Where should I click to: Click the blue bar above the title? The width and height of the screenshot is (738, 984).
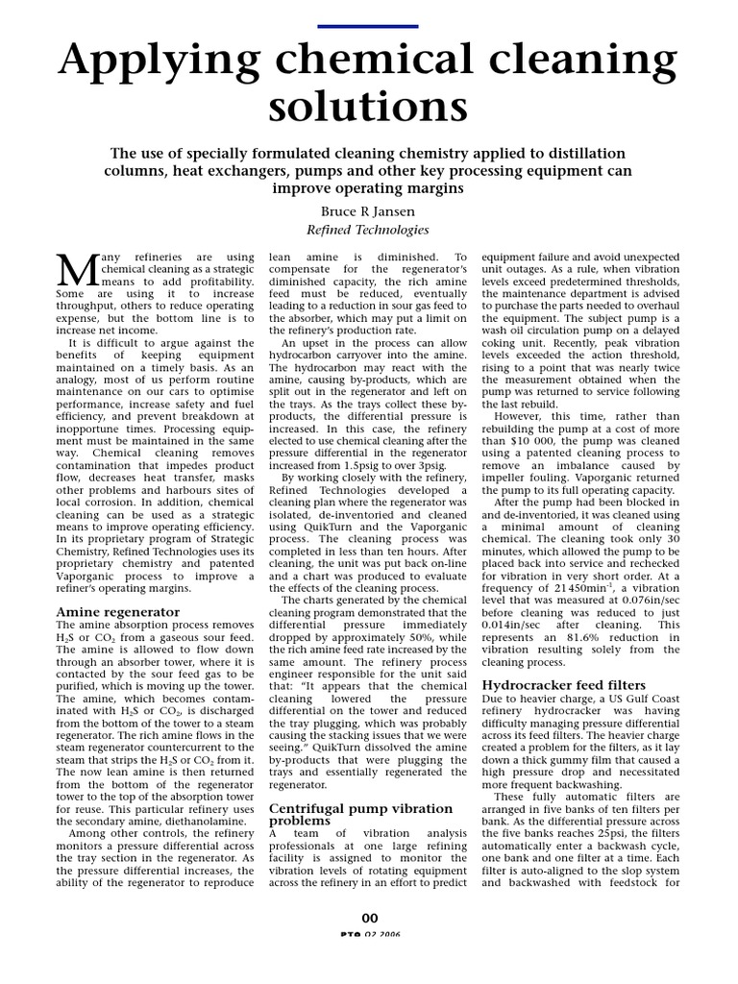[x=369, y=26]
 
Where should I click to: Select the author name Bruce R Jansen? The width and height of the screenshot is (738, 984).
[x=368, y=209]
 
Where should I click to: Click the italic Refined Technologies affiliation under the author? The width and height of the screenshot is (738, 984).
[x=368, y=230]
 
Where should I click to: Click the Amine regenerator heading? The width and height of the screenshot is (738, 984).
[x=118, y=611]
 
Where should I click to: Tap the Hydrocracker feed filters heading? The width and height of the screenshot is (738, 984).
[x=563, y=683]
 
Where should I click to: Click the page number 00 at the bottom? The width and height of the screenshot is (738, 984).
[x=369, y=919]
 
